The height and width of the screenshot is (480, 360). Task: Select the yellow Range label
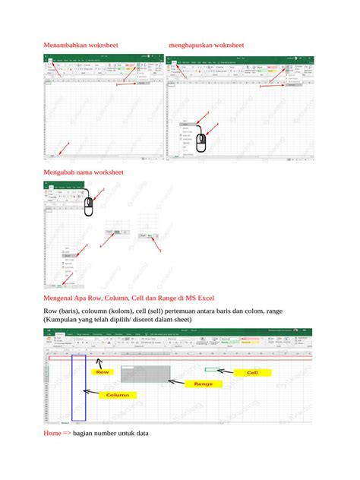point(203,384)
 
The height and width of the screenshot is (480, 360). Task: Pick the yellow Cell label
point(252,373)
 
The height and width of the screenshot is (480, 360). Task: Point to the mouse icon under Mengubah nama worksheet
point(89,205)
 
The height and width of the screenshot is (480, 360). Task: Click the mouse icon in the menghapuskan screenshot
point(201,141)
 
